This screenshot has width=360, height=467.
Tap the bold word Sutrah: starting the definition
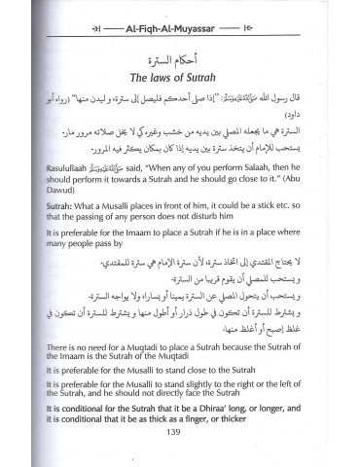(54, 234)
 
